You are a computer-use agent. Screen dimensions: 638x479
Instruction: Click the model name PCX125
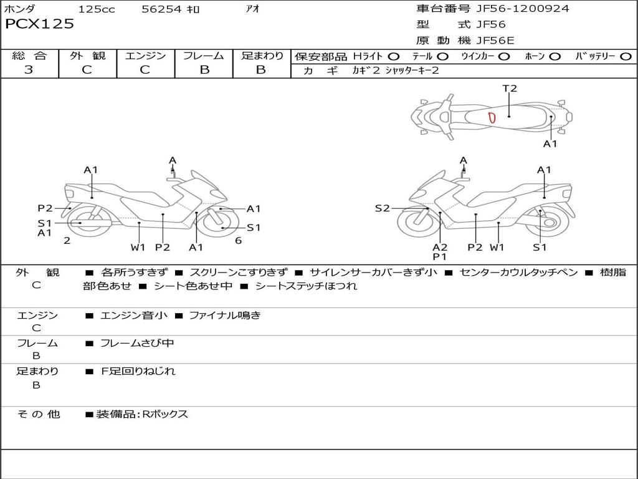click(x=39, y=24)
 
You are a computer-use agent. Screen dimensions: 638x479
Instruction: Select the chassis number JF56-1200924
click(x=523, y=8)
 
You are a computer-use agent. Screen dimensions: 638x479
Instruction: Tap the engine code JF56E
click(x=495, y=41)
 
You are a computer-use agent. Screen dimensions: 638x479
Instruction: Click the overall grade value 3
click(x=29, y=69)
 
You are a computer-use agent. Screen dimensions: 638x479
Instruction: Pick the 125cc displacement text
click(x=97, y=9)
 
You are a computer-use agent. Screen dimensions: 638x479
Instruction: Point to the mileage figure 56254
click(x=161, y=9)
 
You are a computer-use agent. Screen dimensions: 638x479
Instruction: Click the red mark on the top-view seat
click(x=492, y=118)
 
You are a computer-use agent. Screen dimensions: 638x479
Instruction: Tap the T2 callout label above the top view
click(x=510, y=89)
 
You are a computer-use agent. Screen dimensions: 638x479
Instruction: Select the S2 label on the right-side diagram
click(x=382, y=208)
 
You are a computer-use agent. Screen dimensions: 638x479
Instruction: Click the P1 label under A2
click(x=439, y=256)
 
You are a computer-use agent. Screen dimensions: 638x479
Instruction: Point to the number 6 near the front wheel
click(x=239, y=241)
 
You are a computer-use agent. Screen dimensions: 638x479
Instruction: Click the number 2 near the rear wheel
click(x=67, y=241)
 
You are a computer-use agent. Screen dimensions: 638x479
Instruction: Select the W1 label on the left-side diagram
click(x=138, y=247)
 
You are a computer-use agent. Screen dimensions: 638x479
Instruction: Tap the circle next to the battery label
click(x=626, y=57)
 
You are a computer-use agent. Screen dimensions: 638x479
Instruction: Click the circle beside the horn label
click(x=555, y=57)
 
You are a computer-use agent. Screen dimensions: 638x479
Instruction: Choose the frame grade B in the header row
click(x=204, y=70)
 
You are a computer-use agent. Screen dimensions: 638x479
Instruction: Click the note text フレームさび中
click(x=137, y=344)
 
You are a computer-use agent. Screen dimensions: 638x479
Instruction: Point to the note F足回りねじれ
click(x=138, y=371)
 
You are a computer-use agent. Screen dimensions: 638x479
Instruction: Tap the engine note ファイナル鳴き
click(x=225, y=315)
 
